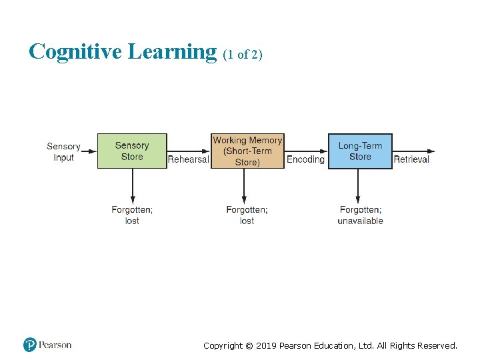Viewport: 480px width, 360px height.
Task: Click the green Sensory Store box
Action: pos(132,151)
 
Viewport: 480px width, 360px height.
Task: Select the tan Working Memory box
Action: pos(247,151)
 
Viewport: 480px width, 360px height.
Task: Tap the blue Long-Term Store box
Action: pos(360,151)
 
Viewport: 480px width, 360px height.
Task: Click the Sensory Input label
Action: pos(63,152)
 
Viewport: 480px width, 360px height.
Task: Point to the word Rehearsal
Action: pos(188,159)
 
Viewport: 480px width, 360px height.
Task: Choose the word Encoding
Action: pos(305,159)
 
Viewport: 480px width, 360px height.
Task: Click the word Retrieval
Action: pos(411,159)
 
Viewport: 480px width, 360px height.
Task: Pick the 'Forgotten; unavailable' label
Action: pos(360,215)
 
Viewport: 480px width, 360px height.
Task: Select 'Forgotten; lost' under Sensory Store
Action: pos(132,215)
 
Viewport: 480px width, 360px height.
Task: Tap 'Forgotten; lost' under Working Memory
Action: pos(247,215)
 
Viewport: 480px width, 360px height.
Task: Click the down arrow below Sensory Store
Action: pos(132,186)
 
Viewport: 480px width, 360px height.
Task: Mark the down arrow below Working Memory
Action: pos(245,186)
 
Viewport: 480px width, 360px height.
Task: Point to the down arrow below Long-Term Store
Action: pos(359,186)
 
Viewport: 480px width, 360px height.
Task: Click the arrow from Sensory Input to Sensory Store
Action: pos(89,151)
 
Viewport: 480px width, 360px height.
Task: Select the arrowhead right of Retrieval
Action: pos(431,151)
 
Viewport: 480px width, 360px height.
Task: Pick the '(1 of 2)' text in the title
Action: pos(243,55)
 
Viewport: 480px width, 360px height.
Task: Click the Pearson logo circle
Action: pos(30,345)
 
